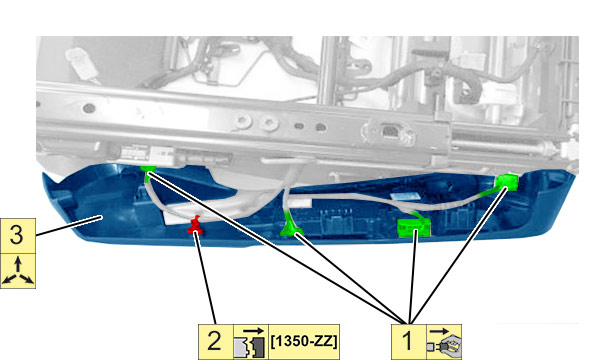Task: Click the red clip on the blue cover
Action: pos(196,225)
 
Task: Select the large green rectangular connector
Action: pos(414,227)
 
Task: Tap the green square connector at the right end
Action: pos(506,182)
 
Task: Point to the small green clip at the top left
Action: pos(148,170)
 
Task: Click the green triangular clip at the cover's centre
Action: pos(289,227)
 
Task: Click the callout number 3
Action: pos(18,236)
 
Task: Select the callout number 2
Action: pos(215,341)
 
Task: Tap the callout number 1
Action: pos(409,341)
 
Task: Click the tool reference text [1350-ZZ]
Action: pos(304,341)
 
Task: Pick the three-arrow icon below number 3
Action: pos(18,271)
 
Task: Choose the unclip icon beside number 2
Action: pos(251,341)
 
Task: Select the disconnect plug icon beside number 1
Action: pos(444,341)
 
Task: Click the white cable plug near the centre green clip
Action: pos(301,203)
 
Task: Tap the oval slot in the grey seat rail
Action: pos(299,126)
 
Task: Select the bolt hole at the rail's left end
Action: pos(89,107)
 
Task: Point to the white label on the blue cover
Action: pos(404,196)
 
